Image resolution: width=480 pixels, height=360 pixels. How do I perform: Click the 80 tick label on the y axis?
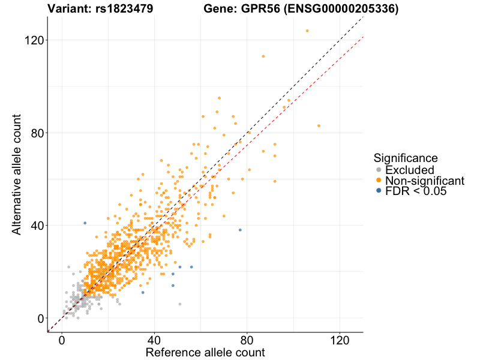coord(35,133)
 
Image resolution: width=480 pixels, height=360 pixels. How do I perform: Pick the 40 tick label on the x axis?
coord(155,339)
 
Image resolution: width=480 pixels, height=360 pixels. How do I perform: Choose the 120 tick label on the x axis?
coord(340,339)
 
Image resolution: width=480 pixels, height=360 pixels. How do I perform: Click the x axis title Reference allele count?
coord(205,352)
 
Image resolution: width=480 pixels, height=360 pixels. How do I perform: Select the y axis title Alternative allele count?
coord(17,174)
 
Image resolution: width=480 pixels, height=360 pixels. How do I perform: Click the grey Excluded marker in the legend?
coord(379,170)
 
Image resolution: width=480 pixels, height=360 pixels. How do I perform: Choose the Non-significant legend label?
coord(425,181)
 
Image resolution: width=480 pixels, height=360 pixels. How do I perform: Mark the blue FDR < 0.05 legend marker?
coord(379,192)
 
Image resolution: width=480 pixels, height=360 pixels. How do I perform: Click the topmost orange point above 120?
coord(307,31)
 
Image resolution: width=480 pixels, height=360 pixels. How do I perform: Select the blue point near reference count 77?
coord(240,230)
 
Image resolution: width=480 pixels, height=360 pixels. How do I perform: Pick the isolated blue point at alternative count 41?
coord(85,223)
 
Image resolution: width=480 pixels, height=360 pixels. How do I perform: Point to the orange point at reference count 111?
coord(319,125)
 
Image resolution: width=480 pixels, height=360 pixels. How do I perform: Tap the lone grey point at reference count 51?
coord(180,304)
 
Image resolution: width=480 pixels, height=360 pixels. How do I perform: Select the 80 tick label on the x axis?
coord(247,339)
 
